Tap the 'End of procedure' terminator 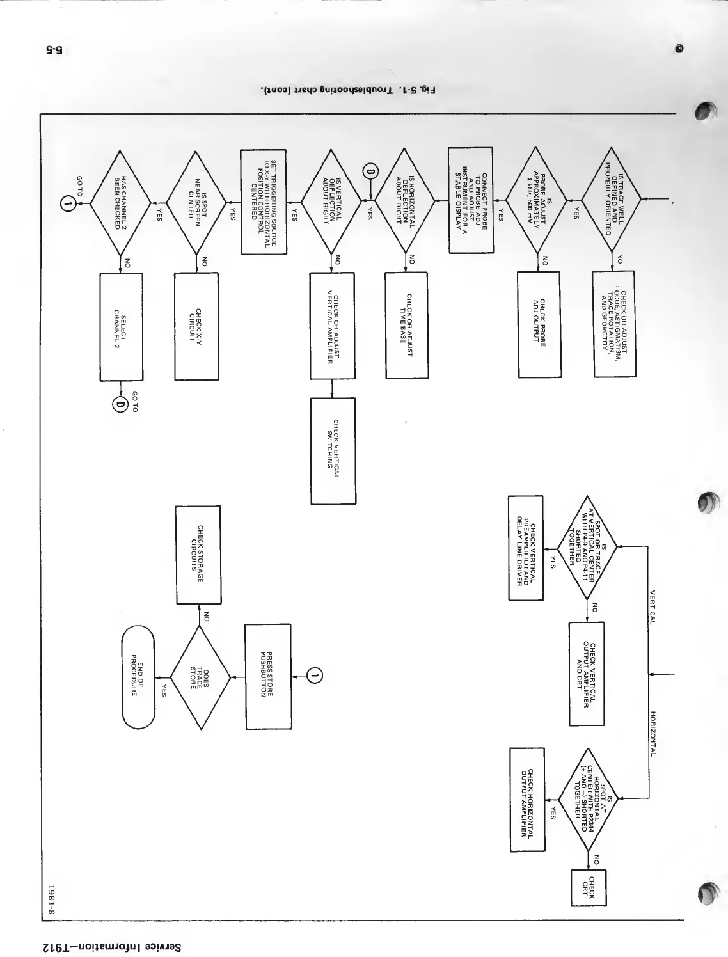(138, 677)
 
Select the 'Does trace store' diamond (199, 678)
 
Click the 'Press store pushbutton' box (268, 676)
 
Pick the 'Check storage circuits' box (198, 555)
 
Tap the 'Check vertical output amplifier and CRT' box (587, 674)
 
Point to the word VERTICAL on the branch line (653, 607)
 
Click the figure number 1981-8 (53, 899)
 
